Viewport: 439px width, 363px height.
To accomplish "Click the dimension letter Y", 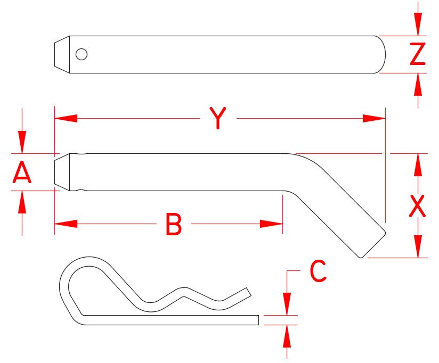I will [x=217, y=118].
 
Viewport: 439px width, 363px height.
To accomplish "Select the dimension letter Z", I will [x=418, y=54].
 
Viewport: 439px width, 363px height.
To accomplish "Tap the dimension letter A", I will [x=21, y=174].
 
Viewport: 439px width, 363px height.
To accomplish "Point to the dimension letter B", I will [x=174, y=225].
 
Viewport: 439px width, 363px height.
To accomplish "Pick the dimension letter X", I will [x=417, y=207].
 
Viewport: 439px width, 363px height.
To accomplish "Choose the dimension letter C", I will [x=318, y=271].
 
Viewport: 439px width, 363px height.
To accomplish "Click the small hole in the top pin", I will [x=82, y=54].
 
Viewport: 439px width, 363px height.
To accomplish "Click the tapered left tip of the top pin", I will [x=62, y=54].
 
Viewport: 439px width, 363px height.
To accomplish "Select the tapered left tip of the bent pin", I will [x=62, y=172].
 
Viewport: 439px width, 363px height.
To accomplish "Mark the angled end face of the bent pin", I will [x=373, y=244].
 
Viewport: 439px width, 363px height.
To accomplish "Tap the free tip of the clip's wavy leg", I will [x=247, y=291].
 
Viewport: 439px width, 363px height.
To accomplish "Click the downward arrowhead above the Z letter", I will [x=418, y=24].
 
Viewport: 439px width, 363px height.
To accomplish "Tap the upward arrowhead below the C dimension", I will [x=288, y=336].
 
